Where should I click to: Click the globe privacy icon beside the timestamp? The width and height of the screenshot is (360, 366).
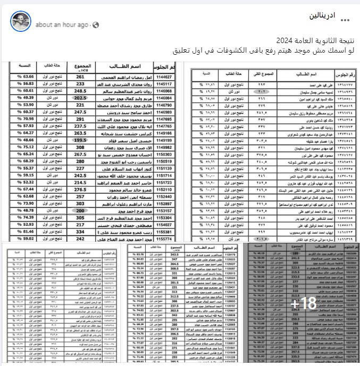pos(92,25)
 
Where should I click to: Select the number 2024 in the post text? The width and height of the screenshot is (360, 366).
pos(283,41)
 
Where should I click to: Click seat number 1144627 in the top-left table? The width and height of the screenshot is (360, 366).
pos(163,76)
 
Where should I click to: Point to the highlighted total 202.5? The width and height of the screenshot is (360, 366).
pos(80,98)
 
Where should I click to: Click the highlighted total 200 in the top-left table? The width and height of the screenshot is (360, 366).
pos(80,210)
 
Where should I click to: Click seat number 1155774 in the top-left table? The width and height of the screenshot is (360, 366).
pos(163,239)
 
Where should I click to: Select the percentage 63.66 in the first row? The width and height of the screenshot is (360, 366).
pos(25,76)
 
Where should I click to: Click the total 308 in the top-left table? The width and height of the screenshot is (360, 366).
pos(80,147)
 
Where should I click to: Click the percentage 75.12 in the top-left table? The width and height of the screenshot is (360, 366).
pos(25,147)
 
